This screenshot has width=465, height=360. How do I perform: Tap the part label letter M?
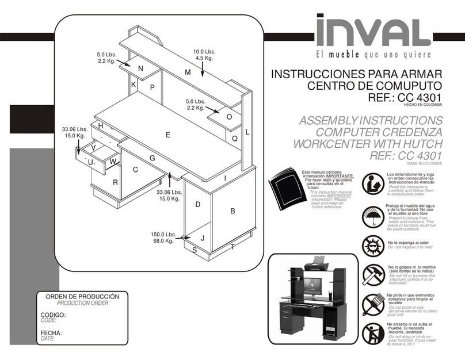point(188,72)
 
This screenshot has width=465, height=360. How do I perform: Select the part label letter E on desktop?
point(168,135)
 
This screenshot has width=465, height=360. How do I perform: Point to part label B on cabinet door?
point(232,211)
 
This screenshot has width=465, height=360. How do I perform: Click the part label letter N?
point(140,68)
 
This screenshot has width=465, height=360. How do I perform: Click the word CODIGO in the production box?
point(52,315)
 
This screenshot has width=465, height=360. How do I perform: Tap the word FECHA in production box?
point(51,333)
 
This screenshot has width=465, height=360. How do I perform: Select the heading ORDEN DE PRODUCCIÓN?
point(78,296)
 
